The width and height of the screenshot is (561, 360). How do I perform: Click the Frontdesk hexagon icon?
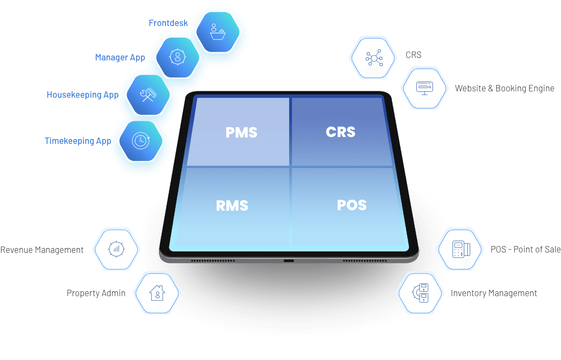(x=218, y=31)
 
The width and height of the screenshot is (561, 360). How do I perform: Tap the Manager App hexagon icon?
(x=177, y=56)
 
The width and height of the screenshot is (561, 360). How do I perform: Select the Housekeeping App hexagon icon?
(x=148, y=94)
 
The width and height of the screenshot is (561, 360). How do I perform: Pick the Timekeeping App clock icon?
(x=140, y=140)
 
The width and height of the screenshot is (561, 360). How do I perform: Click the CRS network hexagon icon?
(x=373, y=58)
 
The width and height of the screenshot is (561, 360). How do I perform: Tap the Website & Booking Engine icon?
(x=424, y=88)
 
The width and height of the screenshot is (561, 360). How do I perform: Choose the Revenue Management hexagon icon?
(x=116, y=249)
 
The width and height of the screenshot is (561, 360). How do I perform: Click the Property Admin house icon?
(x=157, y=293)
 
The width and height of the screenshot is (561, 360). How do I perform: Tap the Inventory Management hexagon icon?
(x=420, y=293)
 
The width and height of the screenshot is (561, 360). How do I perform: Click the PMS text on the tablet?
(x=241, y=132)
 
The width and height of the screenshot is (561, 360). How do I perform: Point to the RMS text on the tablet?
(x=232, y=205)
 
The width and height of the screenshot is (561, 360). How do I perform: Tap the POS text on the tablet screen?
(x=351, y=205)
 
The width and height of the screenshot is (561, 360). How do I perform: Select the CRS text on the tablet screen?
(x=340, y=132)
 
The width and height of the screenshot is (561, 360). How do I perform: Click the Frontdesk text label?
(x=168, y=23)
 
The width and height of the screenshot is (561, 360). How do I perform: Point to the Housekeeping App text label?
(x=81, y=95)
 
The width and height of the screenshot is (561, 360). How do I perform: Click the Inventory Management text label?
(x=494, y=293)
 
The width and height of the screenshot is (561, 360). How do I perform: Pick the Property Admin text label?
(x=96, y=293)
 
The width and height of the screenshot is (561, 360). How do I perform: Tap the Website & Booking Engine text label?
(x=505, y=88)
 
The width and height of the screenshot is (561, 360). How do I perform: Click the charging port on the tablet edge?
(x=289, y=260)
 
